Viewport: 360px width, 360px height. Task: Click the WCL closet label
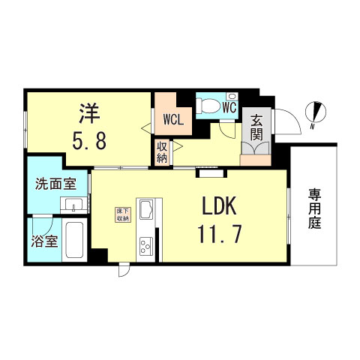[x=173, y=119]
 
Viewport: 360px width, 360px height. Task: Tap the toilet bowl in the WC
[x=206, y=106]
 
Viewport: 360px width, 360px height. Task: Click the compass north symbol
[x=316, y=112]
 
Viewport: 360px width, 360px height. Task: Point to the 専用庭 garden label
[x=314, y=208]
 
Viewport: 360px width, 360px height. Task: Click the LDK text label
[x=219, y=205]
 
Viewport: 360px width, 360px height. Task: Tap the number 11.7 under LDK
[x=220, y=234]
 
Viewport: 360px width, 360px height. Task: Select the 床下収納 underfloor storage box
[x=123, y=214]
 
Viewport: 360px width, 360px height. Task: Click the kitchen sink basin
[x=146, y=209]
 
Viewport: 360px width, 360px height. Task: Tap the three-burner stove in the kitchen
[x=146, y=246]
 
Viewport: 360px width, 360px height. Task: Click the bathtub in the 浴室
[x=74, y=240]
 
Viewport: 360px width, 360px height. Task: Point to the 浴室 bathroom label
[x=44, y=241]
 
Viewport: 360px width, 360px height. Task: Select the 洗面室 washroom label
[x=55, y=184]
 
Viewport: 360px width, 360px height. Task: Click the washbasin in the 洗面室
[x=73, y=205]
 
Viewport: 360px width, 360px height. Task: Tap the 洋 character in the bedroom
[x=89, y=114]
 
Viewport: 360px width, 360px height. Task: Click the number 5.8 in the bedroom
[x=89, y=141]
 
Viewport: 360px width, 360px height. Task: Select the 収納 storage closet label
[x=161, y=152]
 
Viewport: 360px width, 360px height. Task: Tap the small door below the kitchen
[x=124, y=269]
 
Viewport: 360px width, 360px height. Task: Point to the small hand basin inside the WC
[x=232, y=96]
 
